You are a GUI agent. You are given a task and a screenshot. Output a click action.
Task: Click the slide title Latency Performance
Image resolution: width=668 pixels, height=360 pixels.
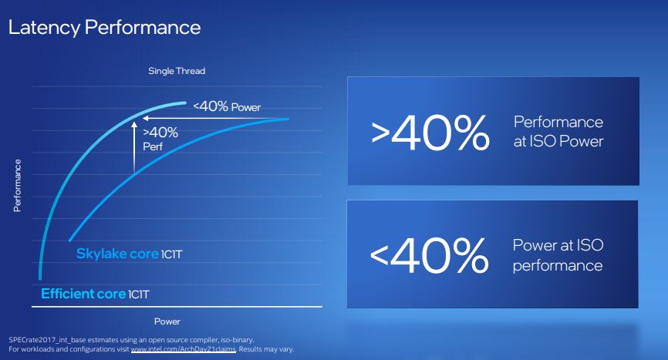pos(104,28)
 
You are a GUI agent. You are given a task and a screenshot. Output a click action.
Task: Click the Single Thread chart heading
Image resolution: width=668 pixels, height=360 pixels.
pos(177,71)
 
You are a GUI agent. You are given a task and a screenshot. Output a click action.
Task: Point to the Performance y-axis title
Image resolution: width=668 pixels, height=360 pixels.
pos(17,186)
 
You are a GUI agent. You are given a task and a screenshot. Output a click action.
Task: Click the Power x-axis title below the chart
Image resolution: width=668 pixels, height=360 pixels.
pos(167,321)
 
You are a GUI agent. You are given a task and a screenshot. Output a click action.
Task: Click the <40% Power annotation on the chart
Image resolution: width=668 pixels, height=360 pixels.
pos(227,106)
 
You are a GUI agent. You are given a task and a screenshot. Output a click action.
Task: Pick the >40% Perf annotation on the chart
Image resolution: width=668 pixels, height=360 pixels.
pos(160,137)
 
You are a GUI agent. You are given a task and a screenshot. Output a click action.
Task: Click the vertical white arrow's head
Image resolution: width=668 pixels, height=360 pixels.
pos(133,121)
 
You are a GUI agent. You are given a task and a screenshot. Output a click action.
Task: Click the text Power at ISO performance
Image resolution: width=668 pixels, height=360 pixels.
pos(558,255)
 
